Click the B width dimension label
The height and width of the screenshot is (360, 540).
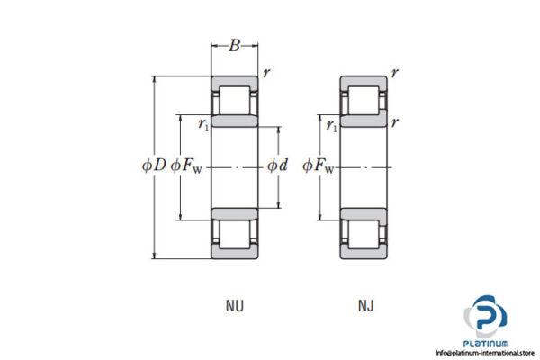tap(234, 46)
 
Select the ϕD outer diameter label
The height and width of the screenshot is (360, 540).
tap(154, 166)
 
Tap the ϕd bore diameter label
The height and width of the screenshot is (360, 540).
tap(277, 166)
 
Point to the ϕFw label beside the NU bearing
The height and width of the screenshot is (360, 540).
tap(187, 166)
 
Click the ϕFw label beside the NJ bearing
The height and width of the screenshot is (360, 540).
tap(319, 166)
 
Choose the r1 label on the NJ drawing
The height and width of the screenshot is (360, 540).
tap(332, 126)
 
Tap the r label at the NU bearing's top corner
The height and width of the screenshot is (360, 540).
tap(266, 72)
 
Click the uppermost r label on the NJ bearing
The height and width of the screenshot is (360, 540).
tap(396, 72)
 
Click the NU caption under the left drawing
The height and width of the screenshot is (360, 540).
tap(234, 306)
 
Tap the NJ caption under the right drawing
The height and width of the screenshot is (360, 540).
tap(365, 306)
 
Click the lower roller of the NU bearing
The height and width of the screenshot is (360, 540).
tap(235, 231)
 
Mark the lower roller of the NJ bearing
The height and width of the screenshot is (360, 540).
tap(364, 231)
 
